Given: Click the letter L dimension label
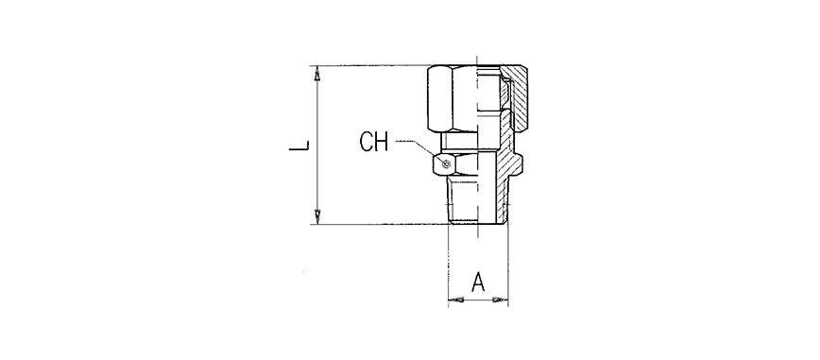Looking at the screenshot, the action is tap(299, 145).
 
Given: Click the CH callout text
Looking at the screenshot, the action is tap(374, 142).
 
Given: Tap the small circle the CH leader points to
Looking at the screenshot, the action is tap(446, 164).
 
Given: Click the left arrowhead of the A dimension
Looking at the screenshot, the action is tap(456, 300).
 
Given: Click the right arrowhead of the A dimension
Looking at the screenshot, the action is tap(501, 300).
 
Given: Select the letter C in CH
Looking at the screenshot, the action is tap(367, 142).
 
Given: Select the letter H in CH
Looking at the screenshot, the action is tap(382, 142).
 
